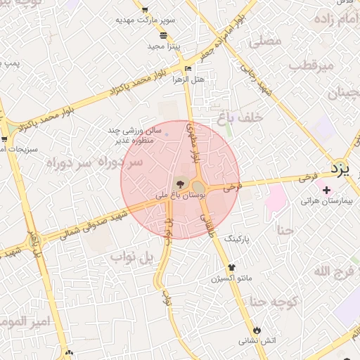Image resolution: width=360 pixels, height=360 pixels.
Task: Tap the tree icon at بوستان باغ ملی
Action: tap(181, 184)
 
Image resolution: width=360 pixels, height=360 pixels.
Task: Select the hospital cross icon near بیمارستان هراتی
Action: tap(326, 189)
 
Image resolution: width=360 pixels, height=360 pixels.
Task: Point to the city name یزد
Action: tap(345, 169)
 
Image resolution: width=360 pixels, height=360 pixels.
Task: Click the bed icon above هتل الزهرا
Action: tap(187, 68)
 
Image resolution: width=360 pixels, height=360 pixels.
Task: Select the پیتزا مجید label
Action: tap(165, 46)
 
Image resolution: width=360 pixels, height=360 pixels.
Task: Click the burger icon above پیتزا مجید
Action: tap(163, 35)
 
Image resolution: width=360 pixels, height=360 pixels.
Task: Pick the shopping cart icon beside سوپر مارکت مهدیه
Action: tap(145, 10)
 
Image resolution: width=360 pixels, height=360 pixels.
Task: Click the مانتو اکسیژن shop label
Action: tap(231, 279)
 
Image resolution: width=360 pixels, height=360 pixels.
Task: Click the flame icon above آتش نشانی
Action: tap(257, 330)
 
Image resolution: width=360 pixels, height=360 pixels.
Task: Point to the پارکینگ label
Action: tap(237, 240)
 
